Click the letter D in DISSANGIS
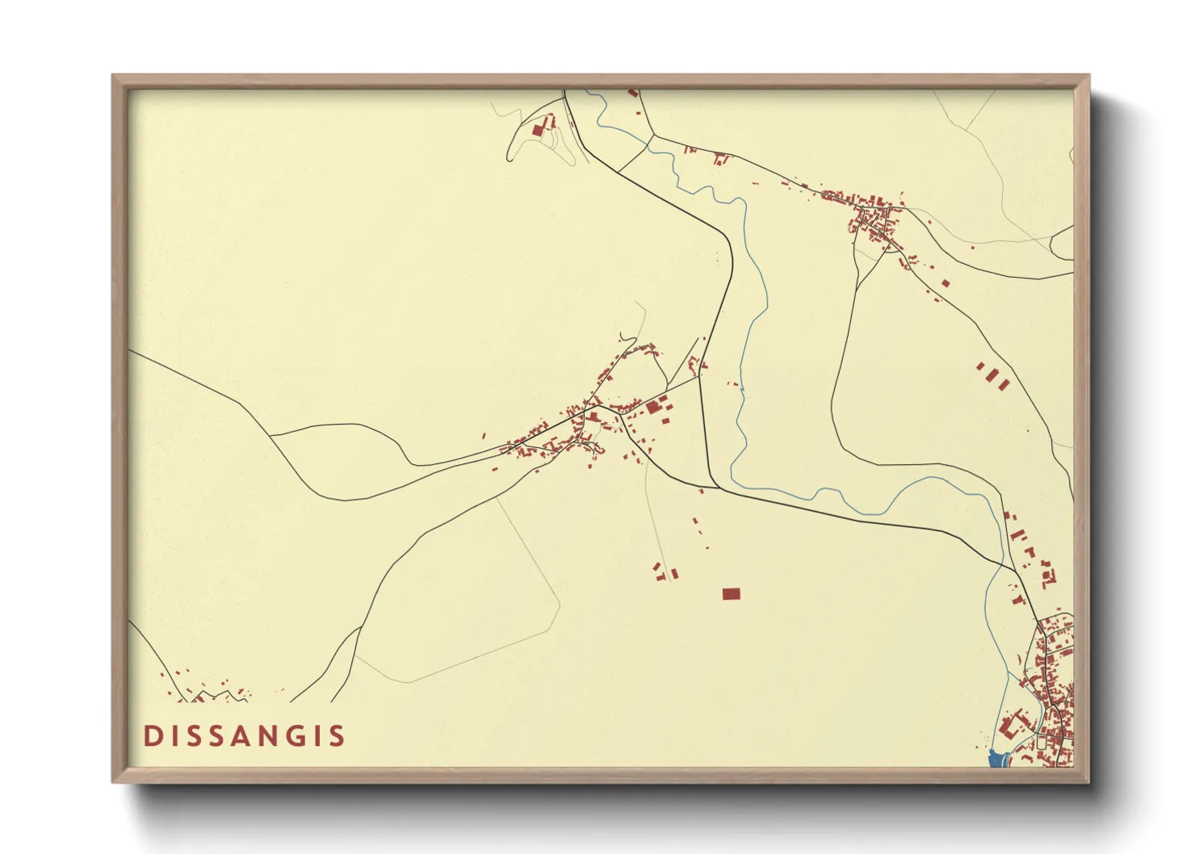click(x=151, y=736)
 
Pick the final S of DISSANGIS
click(x=338, y=736)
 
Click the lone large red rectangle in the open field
click(x=731, y=594)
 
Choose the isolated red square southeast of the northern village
click(x=946, y=283)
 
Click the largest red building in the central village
click(x=653, y=408)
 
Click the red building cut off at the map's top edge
click(x=633, y=94)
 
